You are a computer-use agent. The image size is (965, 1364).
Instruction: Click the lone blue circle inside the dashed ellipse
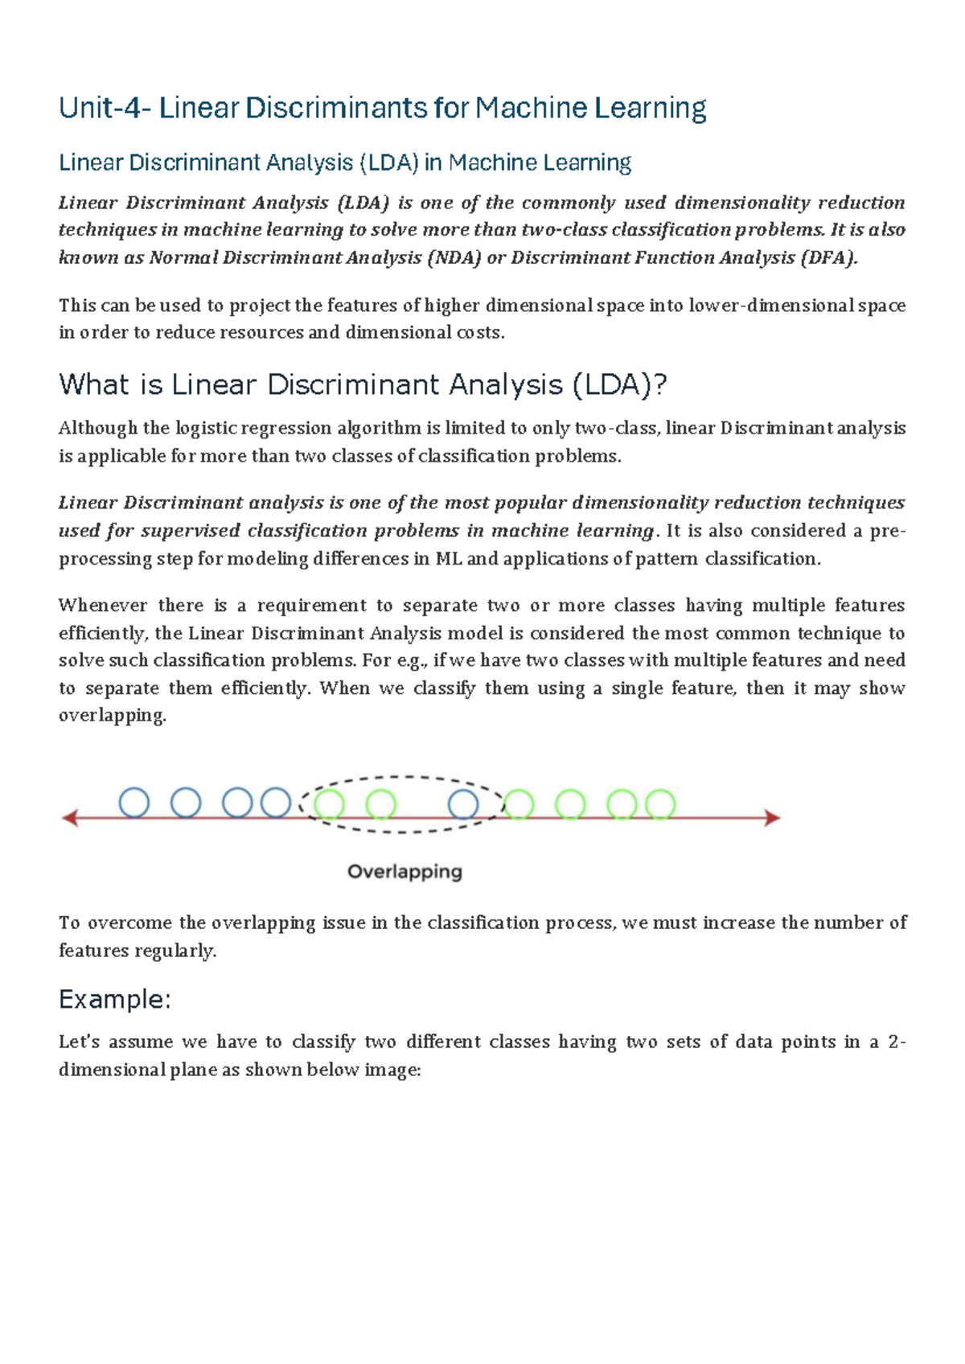tap(463, 804)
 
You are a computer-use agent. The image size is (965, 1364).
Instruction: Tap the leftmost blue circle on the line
tap(134, 803)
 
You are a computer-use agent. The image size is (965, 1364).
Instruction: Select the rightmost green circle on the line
tap(660, 804)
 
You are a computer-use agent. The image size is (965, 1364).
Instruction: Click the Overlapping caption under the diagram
tap(404, 872)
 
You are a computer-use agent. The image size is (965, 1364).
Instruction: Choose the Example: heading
tap(115, 1000)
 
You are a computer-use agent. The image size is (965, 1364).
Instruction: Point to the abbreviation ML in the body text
tap(448, 559)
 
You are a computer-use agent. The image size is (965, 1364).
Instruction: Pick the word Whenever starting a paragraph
tap(103, 606)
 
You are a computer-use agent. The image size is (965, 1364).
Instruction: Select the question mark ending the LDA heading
tap(660, 385)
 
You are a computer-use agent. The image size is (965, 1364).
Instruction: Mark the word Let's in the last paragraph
tap(79, 1042)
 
